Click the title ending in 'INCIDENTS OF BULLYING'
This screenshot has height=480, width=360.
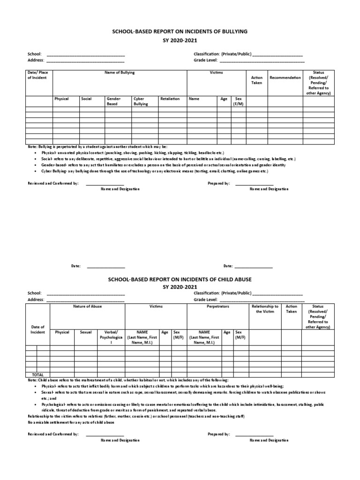[180, 31]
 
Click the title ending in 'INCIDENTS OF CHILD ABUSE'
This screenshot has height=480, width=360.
[180, 279]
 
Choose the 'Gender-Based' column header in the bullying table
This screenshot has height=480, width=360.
[114, 101]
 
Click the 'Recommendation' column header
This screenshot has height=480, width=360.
[285, 78]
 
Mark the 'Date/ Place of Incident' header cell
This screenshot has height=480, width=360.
[37, 75]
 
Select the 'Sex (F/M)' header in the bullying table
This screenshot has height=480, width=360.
[238, 101]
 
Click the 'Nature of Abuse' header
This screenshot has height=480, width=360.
[87, 306]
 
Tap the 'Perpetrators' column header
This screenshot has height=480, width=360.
[217, 306]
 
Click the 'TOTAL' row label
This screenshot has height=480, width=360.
[37, 375]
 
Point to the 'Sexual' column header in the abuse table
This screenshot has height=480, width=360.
[86, 332]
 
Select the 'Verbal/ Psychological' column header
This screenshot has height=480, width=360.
[111, 337]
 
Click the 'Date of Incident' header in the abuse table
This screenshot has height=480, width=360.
[37, 330]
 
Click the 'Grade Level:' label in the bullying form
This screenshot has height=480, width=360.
[205, 60]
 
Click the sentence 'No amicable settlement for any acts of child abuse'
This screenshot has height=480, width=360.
[71, 422]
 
